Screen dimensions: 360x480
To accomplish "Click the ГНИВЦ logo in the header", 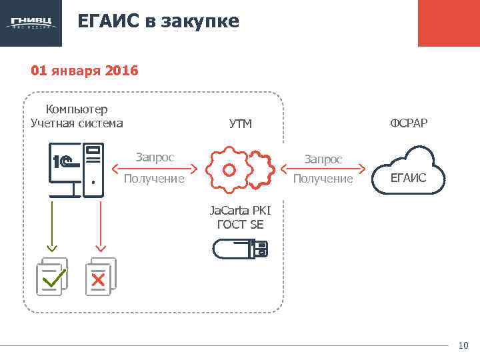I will coord(31,23).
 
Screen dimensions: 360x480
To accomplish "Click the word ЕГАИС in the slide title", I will coord(106,21).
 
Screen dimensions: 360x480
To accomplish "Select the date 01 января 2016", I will coord(84,70).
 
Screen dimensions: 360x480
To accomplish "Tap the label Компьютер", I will coord(77,109).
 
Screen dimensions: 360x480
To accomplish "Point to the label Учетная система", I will coord(77,123).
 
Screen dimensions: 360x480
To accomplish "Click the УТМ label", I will coord(240,123).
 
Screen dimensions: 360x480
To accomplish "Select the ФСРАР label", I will coord(409,123).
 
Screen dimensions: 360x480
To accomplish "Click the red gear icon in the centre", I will coord(229,170).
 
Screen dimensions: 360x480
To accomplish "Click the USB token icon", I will coord(240,249).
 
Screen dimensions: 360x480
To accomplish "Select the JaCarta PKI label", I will coord(240,211).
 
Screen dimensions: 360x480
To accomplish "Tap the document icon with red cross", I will coord(100,276).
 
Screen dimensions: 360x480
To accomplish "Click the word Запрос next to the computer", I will coord(155,157).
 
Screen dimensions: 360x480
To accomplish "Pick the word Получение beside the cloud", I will coord(323,179).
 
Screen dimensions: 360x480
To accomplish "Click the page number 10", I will coord(463,345).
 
